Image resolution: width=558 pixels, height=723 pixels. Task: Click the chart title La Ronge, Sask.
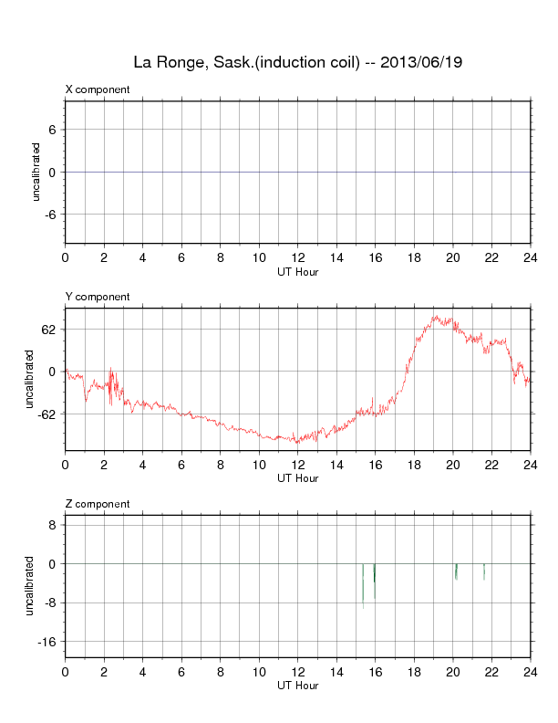pyautogui.click(x=191, y=63)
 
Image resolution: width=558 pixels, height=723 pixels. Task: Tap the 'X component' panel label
pyautogui.click(x=98, y=89)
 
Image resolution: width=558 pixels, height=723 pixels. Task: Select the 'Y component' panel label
pyautogui.click(x=98, y=297)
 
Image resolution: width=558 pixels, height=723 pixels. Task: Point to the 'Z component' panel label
pyautogui.click(x=98, y=504)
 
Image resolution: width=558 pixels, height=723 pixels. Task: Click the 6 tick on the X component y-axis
pyautogui.click(x=53, y=130)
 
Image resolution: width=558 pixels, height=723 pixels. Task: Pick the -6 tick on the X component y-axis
pyautogui.click(x=51, y=215)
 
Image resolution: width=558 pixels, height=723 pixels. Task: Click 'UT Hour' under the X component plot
pyautogui.click(x=297, y=270)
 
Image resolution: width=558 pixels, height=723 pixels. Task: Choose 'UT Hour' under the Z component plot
pyautogui.click(x=297, y=685)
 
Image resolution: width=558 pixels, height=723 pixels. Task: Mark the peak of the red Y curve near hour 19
pyautogui.click(x=435, y=317)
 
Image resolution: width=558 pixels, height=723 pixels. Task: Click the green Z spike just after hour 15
pyautogui.click(x=363, y=584)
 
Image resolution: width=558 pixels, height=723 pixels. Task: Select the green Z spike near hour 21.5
pyautogui.click(x=484, y=571)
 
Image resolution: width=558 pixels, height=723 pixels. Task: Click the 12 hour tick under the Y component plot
pyautogui.click(x=297, y=465)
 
